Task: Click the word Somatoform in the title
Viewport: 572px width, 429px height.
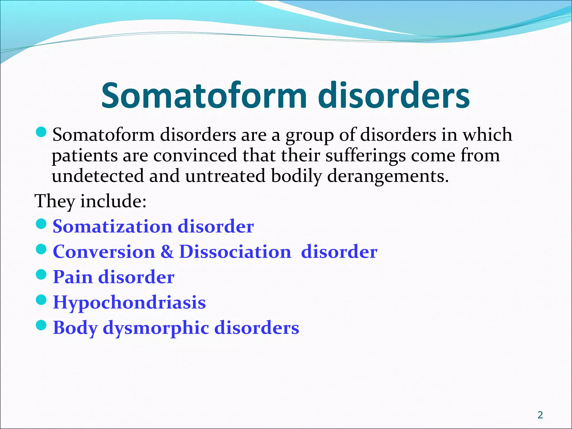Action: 204,96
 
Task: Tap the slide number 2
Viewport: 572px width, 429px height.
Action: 540,415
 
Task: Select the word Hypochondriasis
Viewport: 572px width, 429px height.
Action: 129,303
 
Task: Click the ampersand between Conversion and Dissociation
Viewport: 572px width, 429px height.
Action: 167,252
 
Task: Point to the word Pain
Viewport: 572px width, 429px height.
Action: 73,277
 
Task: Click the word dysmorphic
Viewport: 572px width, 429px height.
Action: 156,328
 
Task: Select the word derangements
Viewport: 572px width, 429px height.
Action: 388,177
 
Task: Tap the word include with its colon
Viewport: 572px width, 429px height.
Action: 113,201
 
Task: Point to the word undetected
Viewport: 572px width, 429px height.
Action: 98,177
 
